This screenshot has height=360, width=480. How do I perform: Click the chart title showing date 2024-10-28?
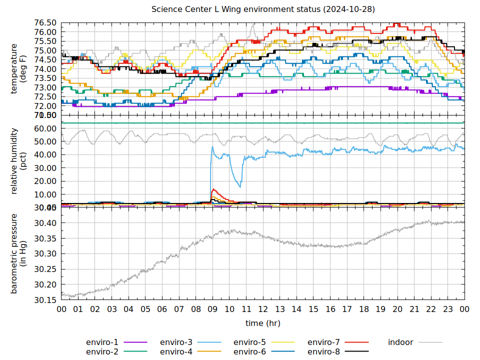tap(263, 9)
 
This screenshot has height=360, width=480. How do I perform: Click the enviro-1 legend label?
tap(102, 342)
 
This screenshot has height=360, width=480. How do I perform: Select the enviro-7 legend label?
tap(323, 342)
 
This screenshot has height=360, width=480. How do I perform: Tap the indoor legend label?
tap(400, 342)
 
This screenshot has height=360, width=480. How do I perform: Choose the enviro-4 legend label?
tap(176, 351)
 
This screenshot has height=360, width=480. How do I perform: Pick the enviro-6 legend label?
tap(249, 351)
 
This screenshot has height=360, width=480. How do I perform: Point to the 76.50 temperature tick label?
tap(45, 23)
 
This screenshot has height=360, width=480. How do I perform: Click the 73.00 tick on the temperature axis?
tap(45, 87)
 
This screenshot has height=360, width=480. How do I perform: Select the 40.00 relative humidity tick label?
tap(45, 154)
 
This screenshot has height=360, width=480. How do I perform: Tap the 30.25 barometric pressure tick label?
tap(45, 269)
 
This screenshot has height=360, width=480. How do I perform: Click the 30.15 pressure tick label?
tap(45, 300)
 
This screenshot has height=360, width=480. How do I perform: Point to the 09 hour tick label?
tap(212, 309)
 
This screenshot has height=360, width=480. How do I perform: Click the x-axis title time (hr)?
tap(263, 323)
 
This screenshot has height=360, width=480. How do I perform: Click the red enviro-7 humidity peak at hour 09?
tap(213, 189)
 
